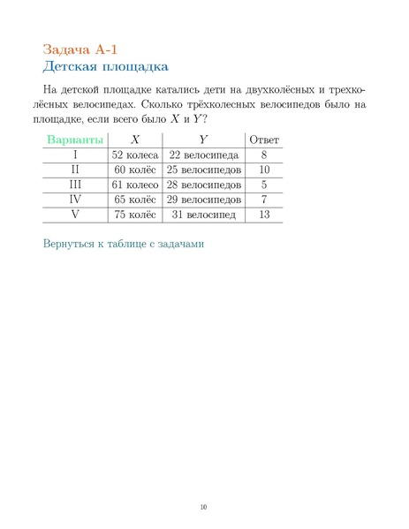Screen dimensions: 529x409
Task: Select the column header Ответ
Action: pos(264,140)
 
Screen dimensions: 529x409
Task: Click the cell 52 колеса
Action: pos(134,155)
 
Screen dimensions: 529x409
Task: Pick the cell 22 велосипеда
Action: pos(203,155)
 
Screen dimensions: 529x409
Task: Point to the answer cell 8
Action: pos(264,155)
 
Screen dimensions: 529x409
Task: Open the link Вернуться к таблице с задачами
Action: pos(124,243)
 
